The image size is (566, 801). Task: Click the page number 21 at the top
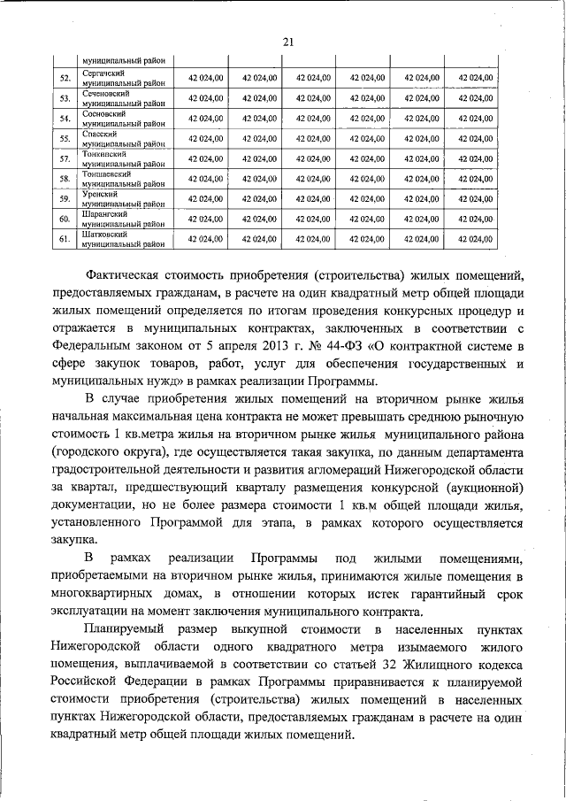287,39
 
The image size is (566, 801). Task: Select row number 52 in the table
65,78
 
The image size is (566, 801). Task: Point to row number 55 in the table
65,138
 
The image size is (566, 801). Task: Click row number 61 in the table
65,239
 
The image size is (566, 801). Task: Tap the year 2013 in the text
277,346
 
